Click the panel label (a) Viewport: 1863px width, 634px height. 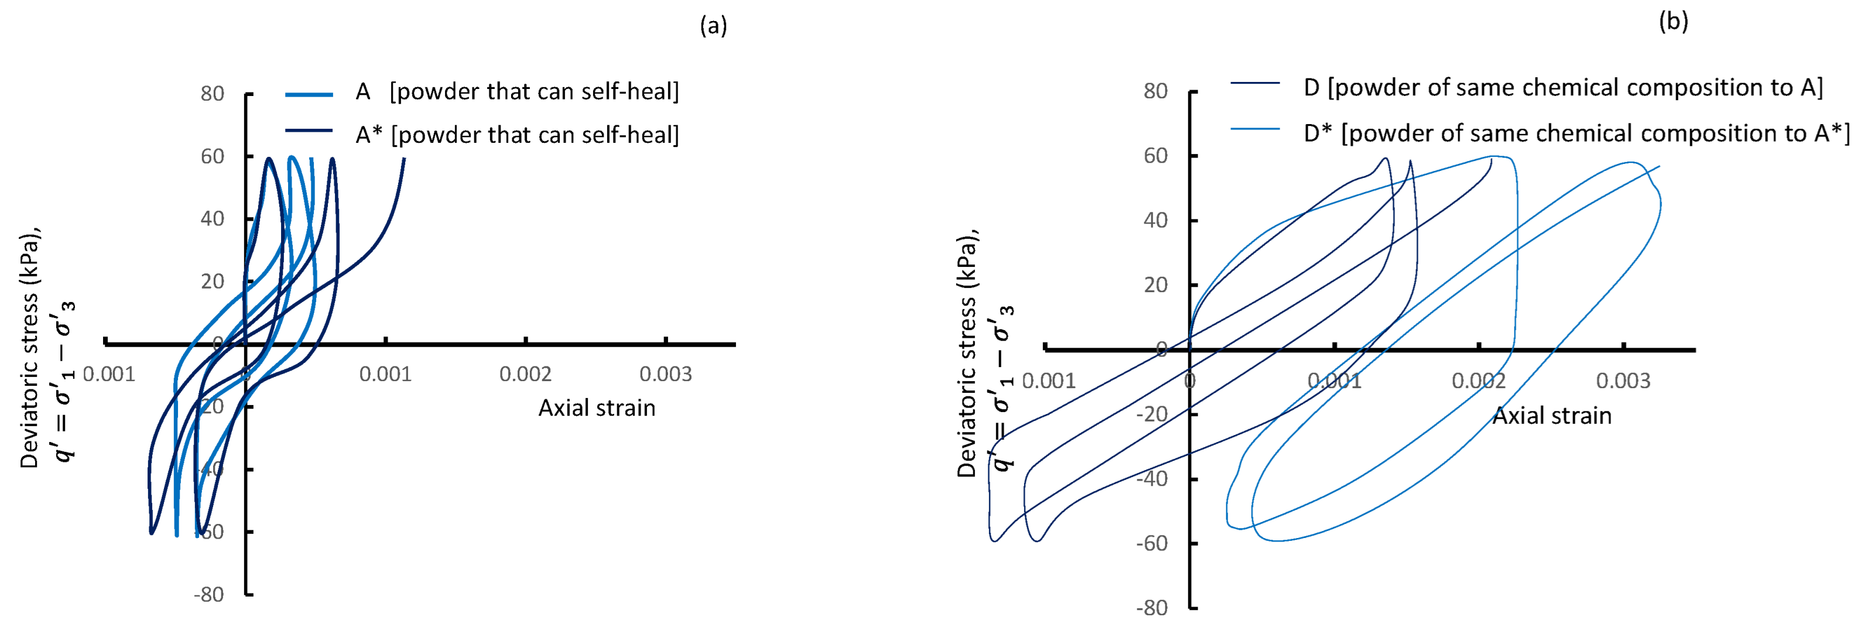[x=713, y=26]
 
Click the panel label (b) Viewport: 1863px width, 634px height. [x=1673, y=22]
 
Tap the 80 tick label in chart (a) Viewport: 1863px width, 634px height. [x=212, y=94]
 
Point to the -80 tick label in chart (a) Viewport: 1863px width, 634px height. [x=209, y=594]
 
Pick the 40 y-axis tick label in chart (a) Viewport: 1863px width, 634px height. [x=212, y=218]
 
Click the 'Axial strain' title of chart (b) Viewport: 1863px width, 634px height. [x=1552, y=416]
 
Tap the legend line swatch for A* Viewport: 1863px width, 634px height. [x=309, y=131]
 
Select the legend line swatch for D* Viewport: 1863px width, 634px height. [x=1255, y=129]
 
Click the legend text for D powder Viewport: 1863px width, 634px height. [x=1563, y=87]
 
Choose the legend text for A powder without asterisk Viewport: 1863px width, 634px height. [x=517, y=92]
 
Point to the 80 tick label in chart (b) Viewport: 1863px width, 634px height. [x=1156, y=91]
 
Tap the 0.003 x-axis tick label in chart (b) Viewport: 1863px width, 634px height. [x=1623, y=381]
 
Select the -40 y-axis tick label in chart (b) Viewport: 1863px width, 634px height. [x=1152, y=478]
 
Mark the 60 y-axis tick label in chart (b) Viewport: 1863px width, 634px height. [x=1156, y=156]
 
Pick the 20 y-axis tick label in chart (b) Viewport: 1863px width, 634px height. [x=1156, y=285]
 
